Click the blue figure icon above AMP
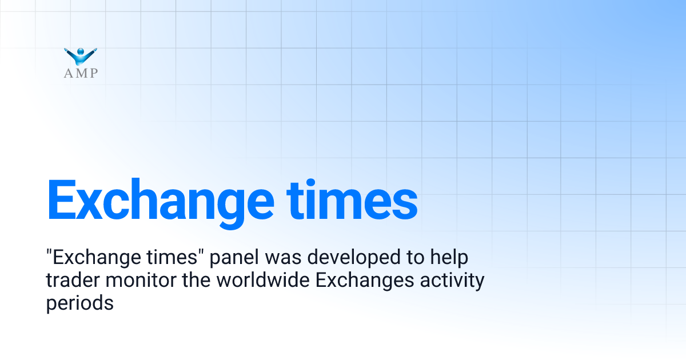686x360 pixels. (x=81, y=56)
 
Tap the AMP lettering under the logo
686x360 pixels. (x=81, y=73)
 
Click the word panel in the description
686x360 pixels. (x=234, y=258)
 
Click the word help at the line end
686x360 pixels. (x=449, y=258)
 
